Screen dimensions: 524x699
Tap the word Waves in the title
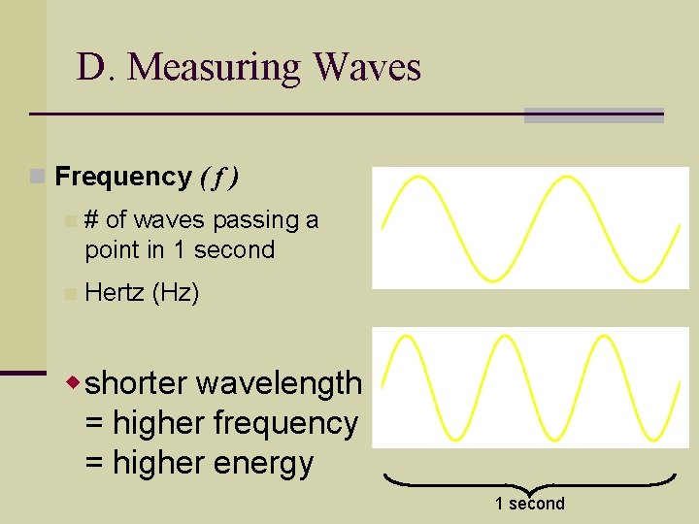pyautogui.click(x=367, y=68)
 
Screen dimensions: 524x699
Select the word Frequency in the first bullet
pyautogui.click(x=123, y=177)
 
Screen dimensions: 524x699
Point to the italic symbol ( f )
pyautogui.click(x=219, y=177)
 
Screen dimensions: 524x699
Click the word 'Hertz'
pyautogui.click(x=114, y=292)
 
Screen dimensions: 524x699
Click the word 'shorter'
pyautogui.click(x=136, y=383)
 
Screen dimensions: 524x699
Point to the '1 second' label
pyautogui.click(x=529, y=503)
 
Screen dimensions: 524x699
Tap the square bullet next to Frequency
pyautogui.click(x=37, y=177)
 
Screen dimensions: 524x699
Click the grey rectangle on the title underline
pyautogui.click(x=593, y=115)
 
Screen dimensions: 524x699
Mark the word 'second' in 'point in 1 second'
pyautogui.click(x=234, y=249)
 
